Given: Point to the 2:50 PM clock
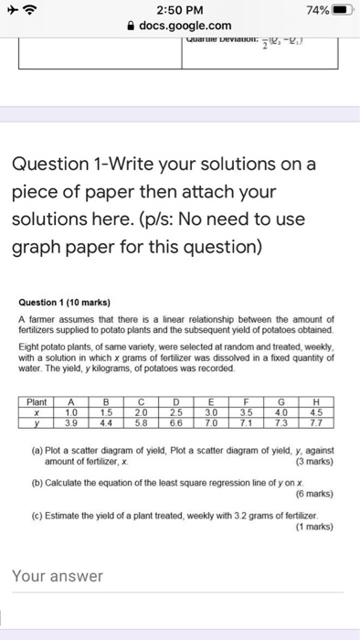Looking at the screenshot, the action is pyautogui.click(x=180, y=9).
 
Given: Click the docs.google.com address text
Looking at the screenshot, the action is pyautogui.click(x=185, y=26).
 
